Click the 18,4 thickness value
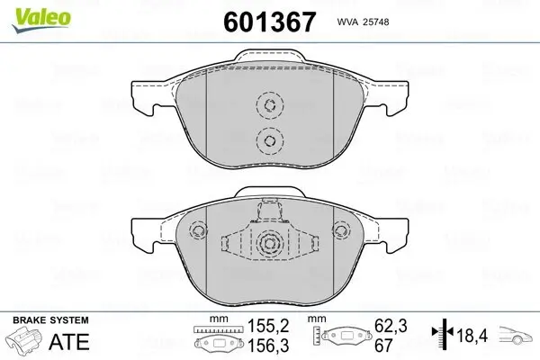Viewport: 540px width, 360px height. (472, 336)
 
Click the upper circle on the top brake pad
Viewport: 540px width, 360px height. (267, 105)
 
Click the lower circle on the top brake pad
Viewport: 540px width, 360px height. (267, 139)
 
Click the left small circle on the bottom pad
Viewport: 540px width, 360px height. (196, 230)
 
